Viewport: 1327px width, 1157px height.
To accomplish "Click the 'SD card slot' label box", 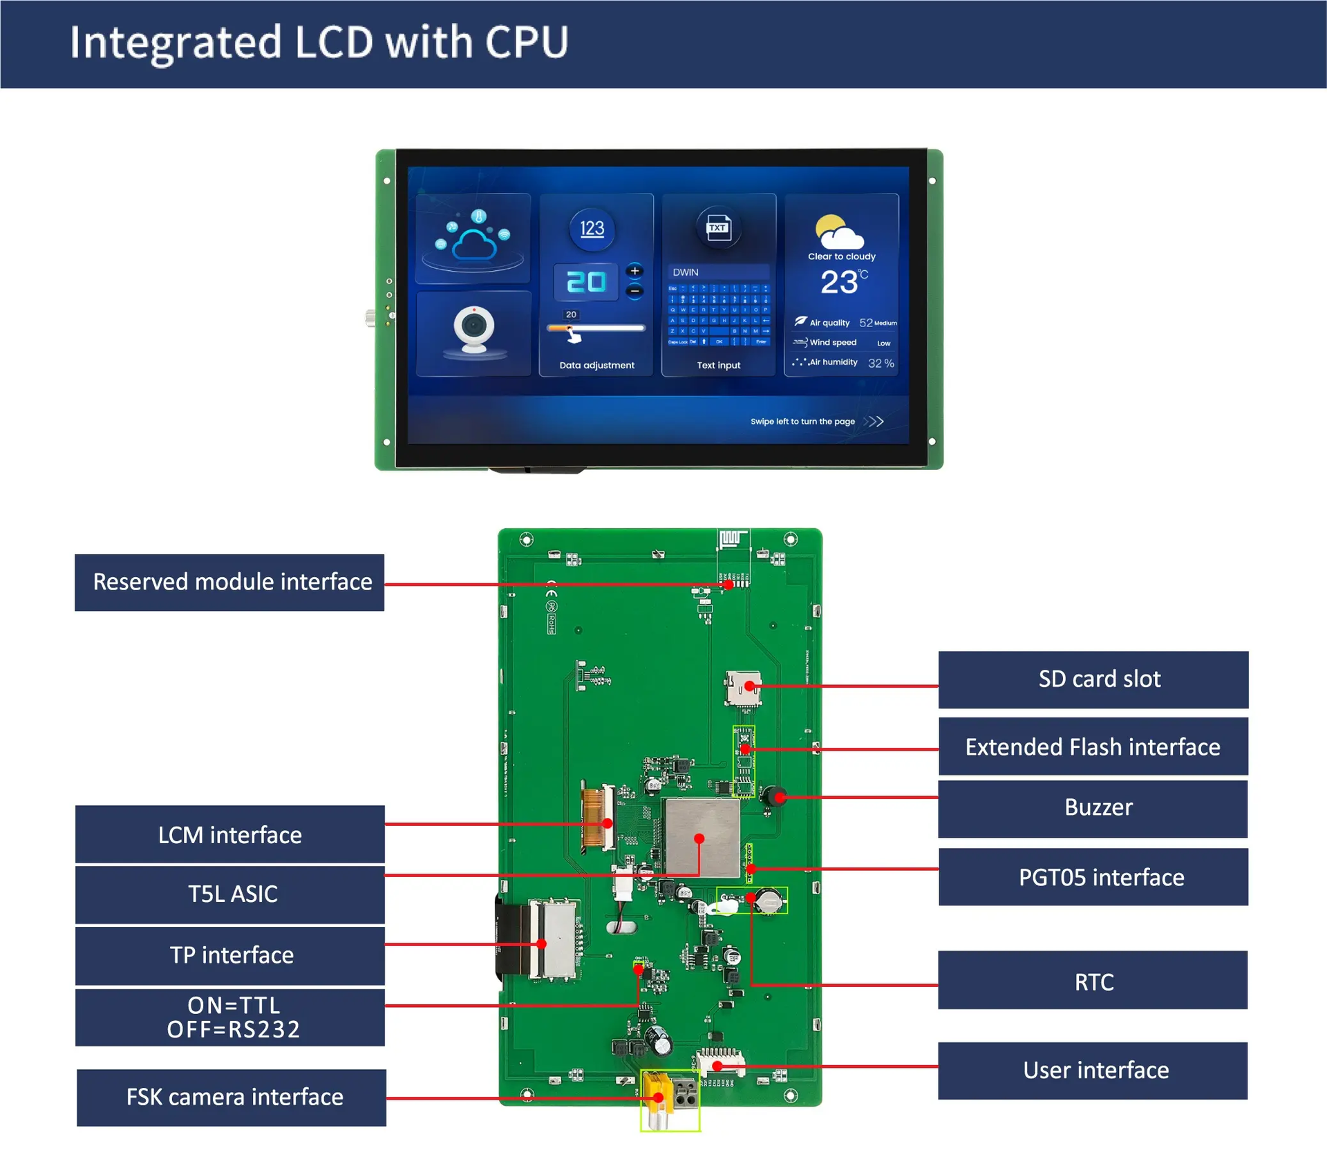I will click(x=1093, y=679).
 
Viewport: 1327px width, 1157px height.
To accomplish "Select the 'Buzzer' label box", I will click(x=1093, y=808).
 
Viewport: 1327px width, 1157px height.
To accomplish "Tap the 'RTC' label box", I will click(x=1093, y=982).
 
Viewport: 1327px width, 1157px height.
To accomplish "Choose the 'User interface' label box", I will click(x=1093, y=1071).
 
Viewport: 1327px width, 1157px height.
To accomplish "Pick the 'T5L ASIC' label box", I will click(x=230, y=894).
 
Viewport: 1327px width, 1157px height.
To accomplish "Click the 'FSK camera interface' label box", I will click(x=232, y=1098).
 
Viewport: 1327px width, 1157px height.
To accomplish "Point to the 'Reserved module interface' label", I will click(x=229, y=582).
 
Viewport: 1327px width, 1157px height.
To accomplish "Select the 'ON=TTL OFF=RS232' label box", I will click(x=230, y=1017).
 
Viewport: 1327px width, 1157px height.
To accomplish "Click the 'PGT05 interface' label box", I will click(x=1093, y=878).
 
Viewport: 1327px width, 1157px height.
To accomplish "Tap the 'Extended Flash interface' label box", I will click(x=1093, y=747).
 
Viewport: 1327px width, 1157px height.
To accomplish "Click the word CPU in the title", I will click(x=527, y=43).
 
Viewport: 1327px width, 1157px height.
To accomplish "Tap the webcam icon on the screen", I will click(x=474, y=330).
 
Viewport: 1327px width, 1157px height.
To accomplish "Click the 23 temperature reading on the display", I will click(x=839, y=282).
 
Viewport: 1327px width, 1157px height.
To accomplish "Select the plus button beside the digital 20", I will click(x=634, y=271).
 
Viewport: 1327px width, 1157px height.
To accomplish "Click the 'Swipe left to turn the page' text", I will click(x=802, y=422).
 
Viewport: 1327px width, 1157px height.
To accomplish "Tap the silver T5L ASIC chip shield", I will click(x=702, y=838).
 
